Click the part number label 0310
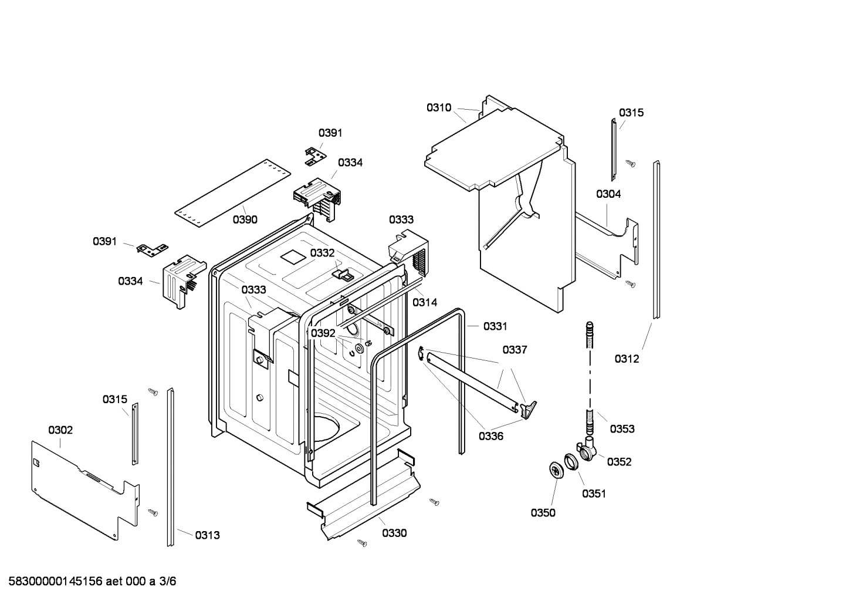coord(438,107)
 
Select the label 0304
coord(608,194)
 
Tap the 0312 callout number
coord(627,359)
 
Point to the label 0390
coord(245,219)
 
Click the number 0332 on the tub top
coord(322,252)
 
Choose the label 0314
coord(424,302)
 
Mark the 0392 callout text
coord(323,333)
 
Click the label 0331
coord(495,326)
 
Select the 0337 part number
coord(515,350)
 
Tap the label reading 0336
coord(491,436)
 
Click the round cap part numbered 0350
coord(554,469)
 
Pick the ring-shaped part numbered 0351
coord(571,461)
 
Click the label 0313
coord(207,535)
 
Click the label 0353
coord(622,429)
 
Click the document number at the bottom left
coord(89,582)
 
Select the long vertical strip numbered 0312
coord(657,241)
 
